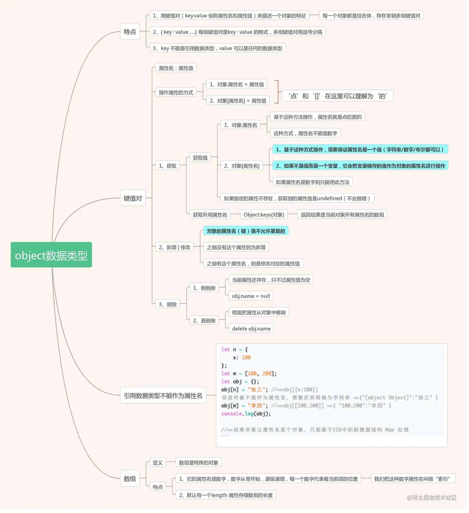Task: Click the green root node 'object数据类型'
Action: coord(51,255)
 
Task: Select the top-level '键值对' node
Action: coord(133,198)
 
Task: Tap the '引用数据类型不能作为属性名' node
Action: coord(163,395)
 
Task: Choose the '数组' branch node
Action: coord(130,478)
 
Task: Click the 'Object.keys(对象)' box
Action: coord(264,214)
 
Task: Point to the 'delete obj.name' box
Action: coord(251,328)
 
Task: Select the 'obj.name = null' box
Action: coord(251,296)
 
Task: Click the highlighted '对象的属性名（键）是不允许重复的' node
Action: coord(246,231)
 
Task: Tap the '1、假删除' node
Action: coord(204,288)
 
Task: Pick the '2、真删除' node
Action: coord(204,320)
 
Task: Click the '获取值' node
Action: coord(200,158)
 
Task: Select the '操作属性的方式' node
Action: coord(176,92)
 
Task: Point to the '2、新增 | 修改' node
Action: coord(174,247)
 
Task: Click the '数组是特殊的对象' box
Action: coord(199,462)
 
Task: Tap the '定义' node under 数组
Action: coord(158,462)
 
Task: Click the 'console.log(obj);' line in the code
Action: coord(246,413)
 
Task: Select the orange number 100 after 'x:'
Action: coord(246,357)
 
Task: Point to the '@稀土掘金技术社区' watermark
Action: coord(431,497)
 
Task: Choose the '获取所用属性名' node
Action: coord(210,214)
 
